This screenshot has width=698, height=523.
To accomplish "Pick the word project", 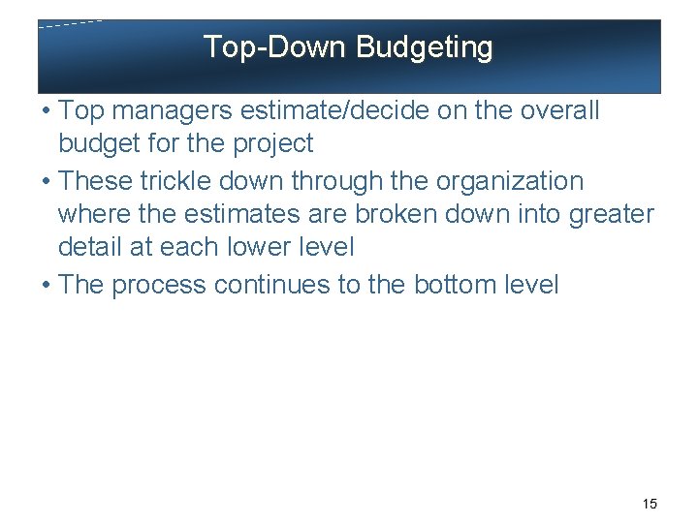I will (273, 144).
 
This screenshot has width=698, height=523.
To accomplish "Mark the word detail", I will (89, 247).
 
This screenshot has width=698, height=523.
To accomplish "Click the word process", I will (160, 285).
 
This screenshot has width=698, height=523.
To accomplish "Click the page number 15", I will (650, 504).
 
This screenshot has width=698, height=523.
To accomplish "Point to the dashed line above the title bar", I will (70, 24).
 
